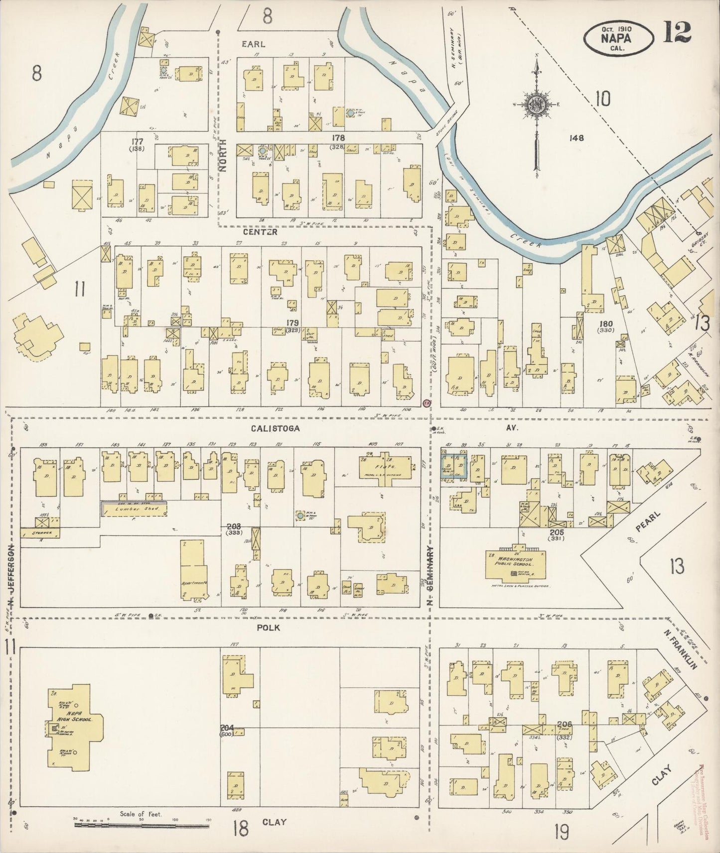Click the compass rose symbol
tap(537, 105)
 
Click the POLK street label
tap(268, 628)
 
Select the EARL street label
tap(253, 44)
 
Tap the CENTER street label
tap(260, 232)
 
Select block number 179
tap(293, 323)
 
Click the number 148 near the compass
tap(577, 138)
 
